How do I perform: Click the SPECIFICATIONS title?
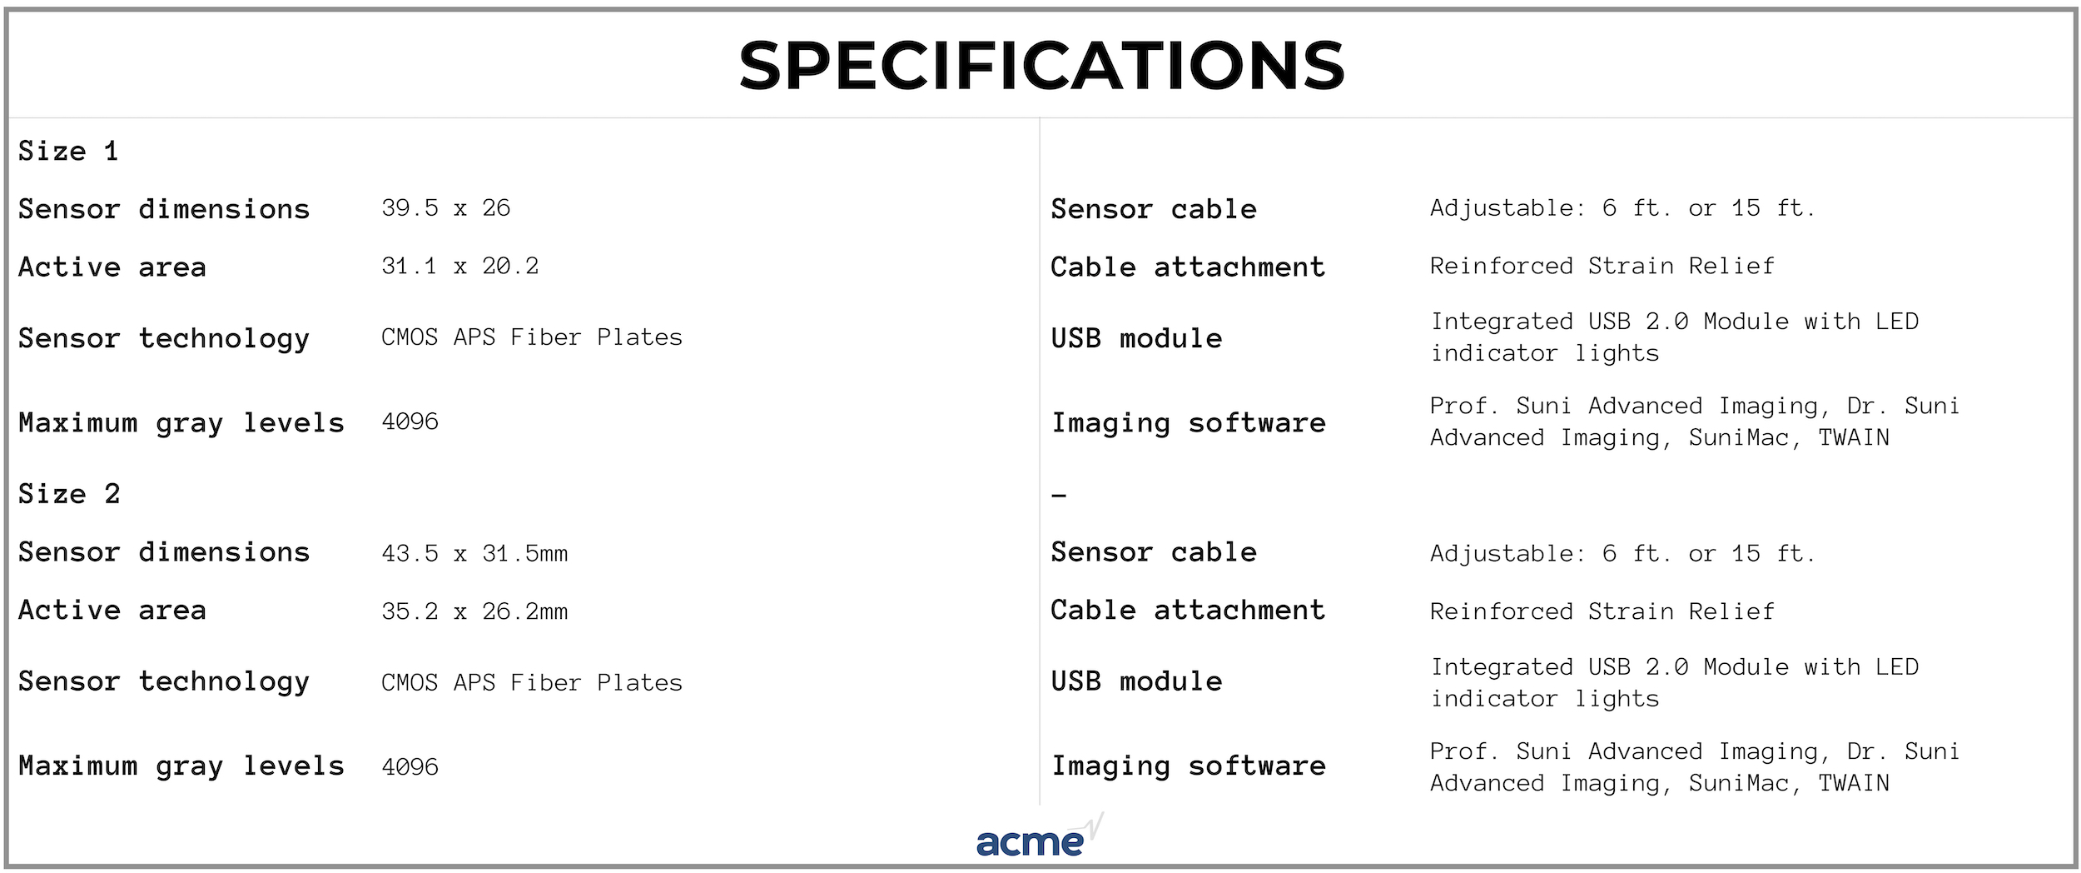[x=1041, y=65]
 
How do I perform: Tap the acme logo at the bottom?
[x=1040, y=836]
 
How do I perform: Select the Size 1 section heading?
[x=68, y=151]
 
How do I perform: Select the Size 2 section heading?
[x=69, y=493]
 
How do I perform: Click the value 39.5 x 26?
[x=445, y=207]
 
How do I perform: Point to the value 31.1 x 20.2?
[x=459, y=266]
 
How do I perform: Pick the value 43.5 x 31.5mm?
[x=474, y=553]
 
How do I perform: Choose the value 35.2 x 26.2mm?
[x=474, y=611]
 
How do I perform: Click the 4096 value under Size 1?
[x=410, y=422]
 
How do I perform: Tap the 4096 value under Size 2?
[x=410, y=766]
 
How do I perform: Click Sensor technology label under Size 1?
[x=164, y=339]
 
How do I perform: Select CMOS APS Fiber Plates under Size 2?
[x=531, y=682]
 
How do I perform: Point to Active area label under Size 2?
[x=112, y=610]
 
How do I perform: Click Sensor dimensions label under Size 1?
[x=164, y=208]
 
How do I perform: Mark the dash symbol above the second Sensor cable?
[x=1059, y=496]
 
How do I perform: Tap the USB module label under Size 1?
[x=1136, y=338]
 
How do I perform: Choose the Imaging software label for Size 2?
[x=1189, y=766]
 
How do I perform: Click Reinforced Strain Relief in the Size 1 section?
[x=1602, y=266]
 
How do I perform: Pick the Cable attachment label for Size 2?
[x=1188, y=610]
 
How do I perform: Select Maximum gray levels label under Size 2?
[x=181, y=766]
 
